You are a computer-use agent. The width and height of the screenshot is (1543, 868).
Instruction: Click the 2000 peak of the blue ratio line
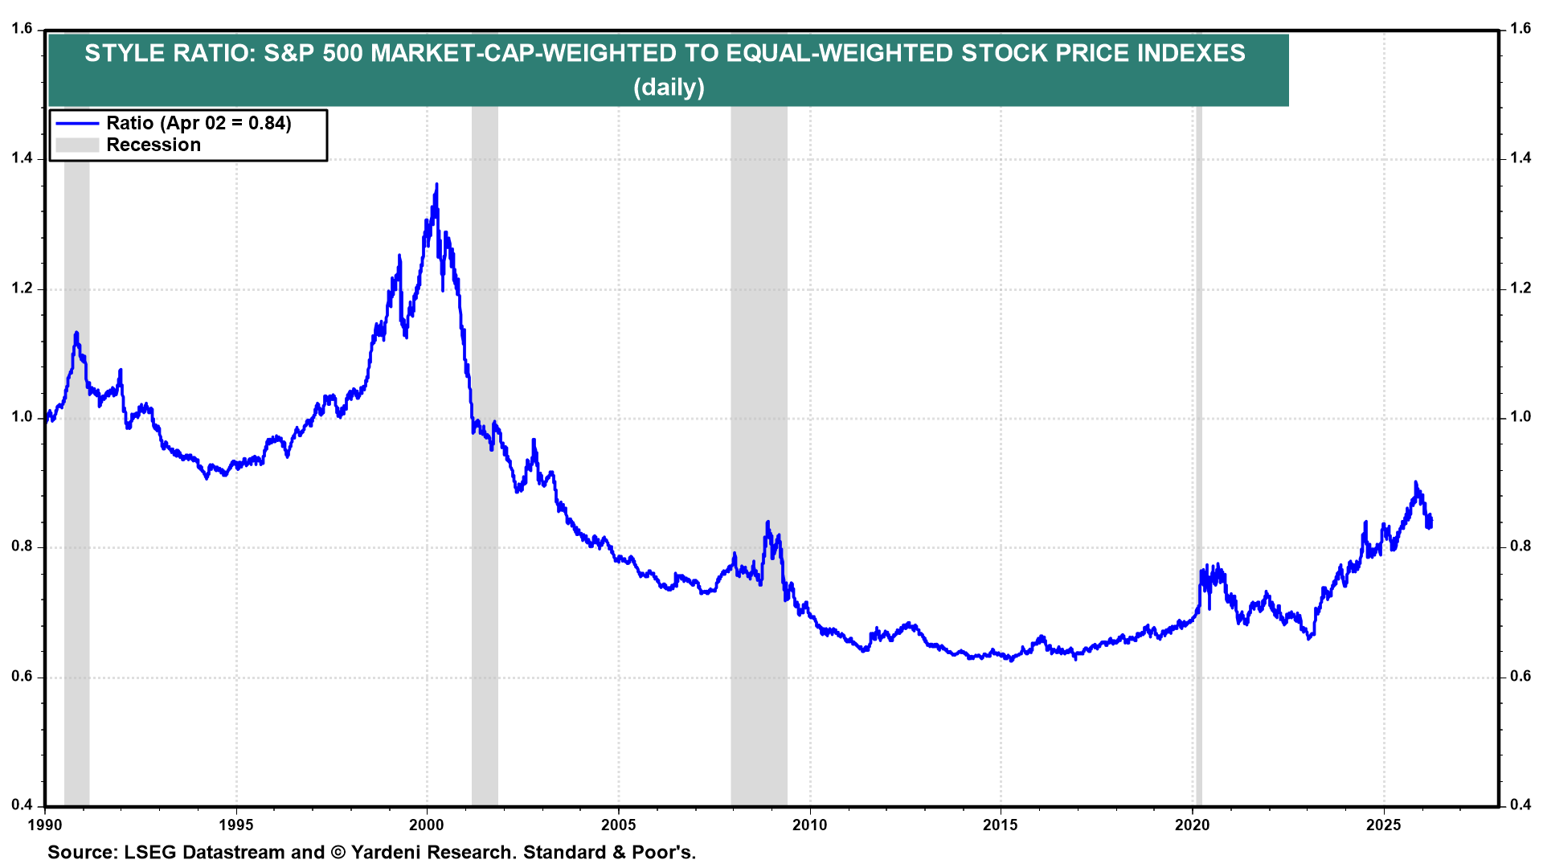coord(436,186)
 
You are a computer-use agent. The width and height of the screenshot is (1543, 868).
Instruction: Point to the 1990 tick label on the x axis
coord(45,825)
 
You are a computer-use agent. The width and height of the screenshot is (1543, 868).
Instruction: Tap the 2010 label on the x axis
coord(809,825)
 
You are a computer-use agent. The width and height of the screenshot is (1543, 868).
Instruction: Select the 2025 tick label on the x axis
coord(1384,825)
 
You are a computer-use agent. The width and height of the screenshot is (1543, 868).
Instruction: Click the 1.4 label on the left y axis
coord(22,158)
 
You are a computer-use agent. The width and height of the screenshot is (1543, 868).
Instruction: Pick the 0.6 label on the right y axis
coord(1520,677)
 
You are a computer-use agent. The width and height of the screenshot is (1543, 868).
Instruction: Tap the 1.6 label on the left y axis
coord(22,29)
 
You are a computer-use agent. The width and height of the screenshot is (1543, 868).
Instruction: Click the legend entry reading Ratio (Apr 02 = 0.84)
coord(199,123)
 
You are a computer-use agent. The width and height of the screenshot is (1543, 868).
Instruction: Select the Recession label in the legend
coord(153,145)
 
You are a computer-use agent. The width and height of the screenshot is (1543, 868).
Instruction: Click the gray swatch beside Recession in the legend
coord(77,145)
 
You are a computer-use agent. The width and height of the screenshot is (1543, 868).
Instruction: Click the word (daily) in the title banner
coord(669,87)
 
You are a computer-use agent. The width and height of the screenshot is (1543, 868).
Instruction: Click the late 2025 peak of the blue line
coord(1415,482)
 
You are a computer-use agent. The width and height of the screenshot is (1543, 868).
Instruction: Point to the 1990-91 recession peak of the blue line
coord(76,333)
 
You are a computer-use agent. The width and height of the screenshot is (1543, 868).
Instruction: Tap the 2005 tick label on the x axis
coord(619,825)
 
